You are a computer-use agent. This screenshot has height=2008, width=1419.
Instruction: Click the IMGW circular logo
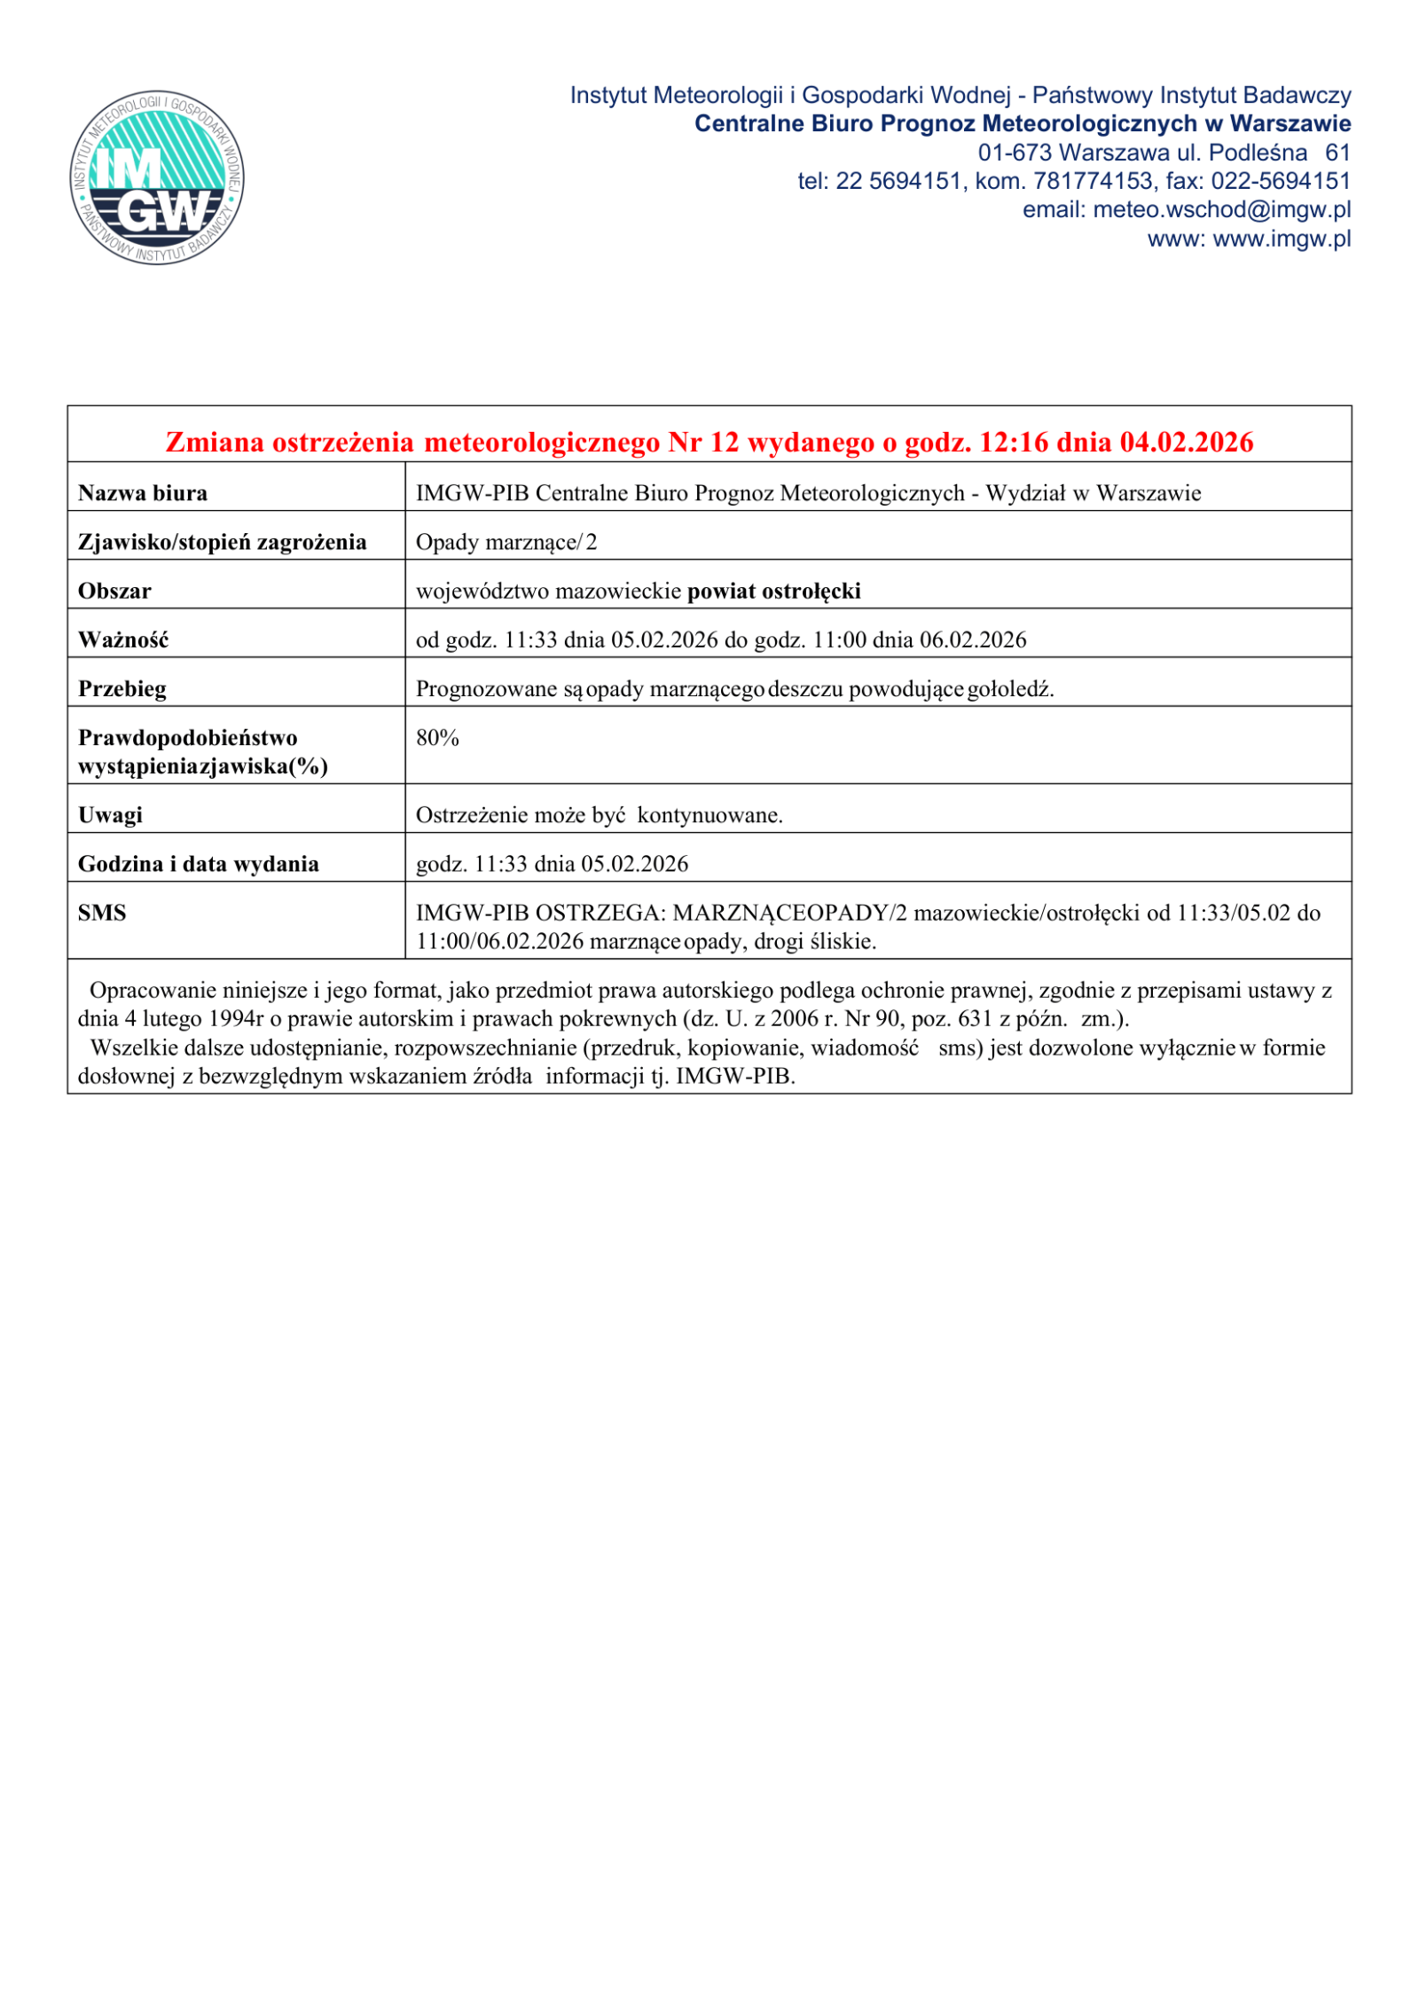[157, 177]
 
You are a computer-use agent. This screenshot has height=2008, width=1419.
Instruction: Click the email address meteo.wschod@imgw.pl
[1221, 210]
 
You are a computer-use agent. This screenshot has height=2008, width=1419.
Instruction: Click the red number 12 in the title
[724, 442]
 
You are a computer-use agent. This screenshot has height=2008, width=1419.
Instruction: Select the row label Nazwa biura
[143, 493]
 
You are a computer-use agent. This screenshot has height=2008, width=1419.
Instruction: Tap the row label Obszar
[114, 591]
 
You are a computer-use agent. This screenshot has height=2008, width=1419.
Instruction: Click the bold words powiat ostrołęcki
[773, 591]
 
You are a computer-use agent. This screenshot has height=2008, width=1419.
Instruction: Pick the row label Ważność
[123, 639]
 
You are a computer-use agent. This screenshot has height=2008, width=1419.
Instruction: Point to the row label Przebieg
[122, 689]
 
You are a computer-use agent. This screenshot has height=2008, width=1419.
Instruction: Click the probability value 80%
[437, 738]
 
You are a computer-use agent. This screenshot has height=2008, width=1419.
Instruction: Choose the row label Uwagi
[110, 815]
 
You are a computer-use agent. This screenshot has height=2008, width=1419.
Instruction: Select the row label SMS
[102, 913]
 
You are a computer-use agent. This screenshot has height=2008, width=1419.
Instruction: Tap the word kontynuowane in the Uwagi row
[709, 815]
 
